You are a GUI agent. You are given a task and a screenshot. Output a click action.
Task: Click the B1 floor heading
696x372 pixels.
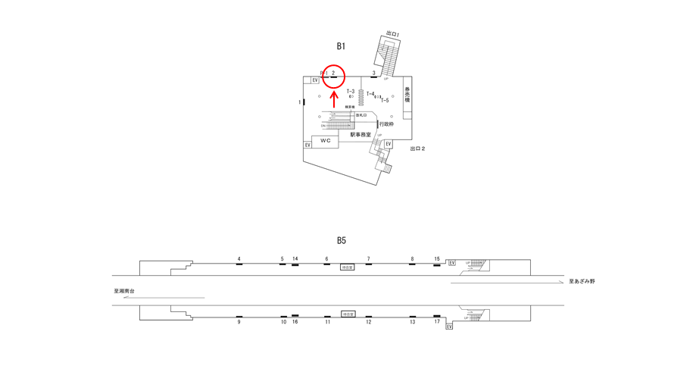[x=341, y=46]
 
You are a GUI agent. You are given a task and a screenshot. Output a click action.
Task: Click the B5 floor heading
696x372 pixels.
[x=341, y=240]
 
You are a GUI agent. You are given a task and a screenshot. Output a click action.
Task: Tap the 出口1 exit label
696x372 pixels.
[x=392, y=34]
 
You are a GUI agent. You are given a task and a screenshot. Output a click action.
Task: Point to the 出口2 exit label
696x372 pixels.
[x=417, y=148]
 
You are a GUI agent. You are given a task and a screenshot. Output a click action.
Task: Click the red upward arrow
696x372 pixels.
[x=334, y=98]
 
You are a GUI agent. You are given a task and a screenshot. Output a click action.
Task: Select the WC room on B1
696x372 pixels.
[x=325, y=141]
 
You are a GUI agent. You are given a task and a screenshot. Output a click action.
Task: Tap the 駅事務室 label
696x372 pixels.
[x=360, y=134]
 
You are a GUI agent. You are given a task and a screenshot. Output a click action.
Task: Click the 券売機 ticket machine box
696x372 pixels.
[x=407, y=95]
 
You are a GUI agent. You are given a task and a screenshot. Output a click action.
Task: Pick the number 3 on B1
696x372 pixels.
[x=373, y=73]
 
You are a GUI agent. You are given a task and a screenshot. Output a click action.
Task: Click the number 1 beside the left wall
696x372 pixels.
[x=299, y=102]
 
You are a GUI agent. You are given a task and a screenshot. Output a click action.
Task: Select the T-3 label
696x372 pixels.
[x=351, y=92]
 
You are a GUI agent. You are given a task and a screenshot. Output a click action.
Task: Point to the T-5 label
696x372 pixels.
[x=385, y=100]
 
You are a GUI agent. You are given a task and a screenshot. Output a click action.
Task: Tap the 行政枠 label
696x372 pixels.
[x=386, y=124]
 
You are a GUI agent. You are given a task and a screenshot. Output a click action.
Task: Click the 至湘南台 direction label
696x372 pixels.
[x=124, y=291]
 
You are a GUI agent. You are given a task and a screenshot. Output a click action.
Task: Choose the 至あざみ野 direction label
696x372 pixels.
[x=582, y=281]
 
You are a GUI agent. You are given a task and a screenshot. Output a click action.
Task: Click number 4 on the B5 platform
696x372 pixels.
[x=239, y=259]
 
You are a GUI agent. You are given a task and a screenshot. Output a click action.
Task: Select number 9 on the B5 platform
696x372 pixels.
[x=239, y=322]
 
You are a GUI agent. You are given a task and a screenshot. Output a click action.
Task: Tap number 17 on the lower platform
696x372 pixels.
[x=437, y=322]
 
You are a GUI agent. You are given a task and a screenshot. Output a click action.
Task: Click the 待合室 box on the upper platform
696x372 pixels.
[x=348, y=267]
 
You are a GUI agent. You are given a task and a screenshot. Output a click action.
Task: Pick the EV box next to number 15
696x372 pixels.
[x=452, y=263]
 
